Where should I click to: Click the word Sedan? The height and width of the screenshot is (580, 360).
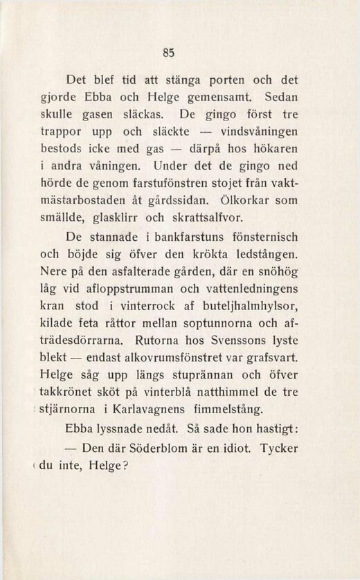[281, 98]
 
